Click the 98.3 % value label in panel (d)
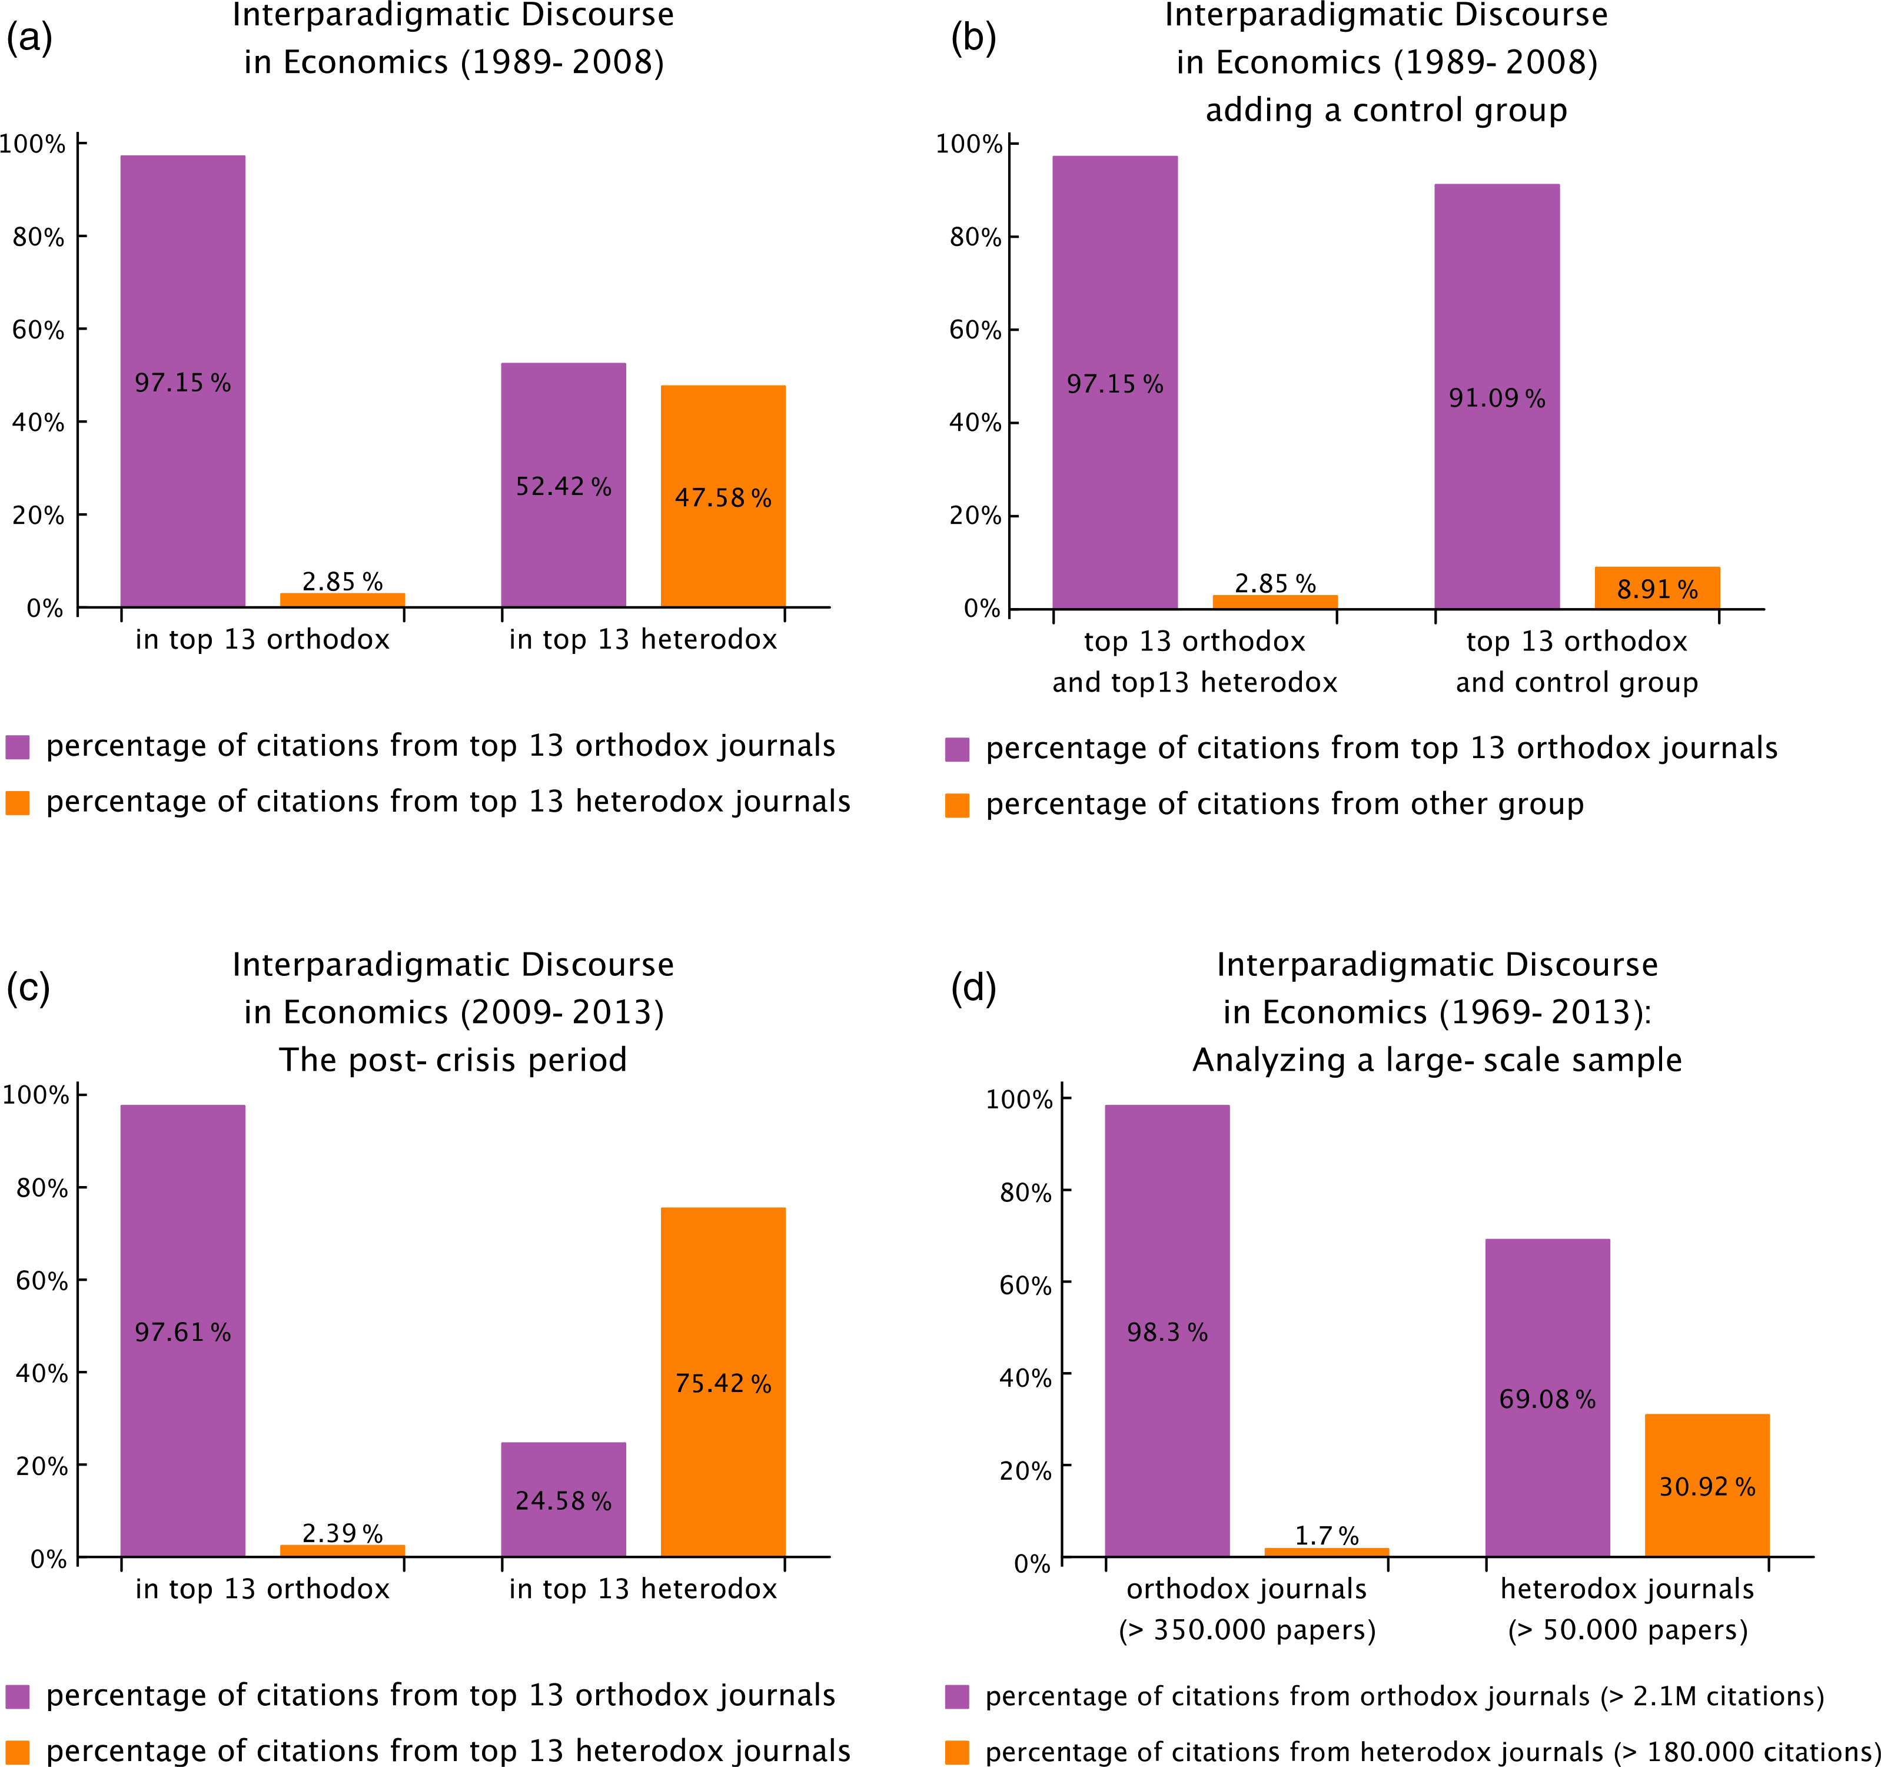pyautogui.click(x=1167, y=1333)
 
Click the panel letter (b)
pyautogui.click(x=973, y=38)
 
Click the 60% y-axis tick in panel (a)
pyautogui.click(x=38, y=330)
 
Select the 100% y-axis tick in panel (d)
pyautogui.click(x=1019, y=1099)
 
